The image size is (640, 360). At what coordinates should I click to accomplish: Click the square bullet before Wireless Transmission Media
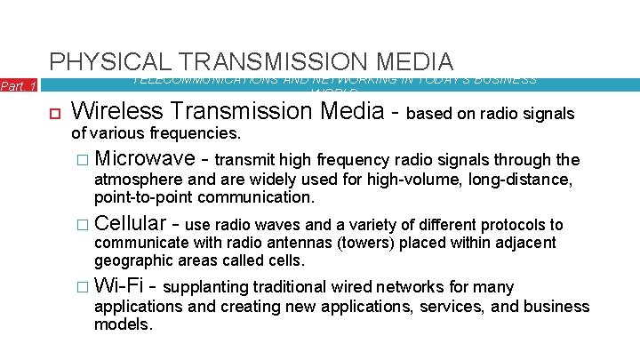point(52,113)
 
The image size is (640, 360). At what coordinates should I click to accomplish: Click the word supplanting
point(205,287)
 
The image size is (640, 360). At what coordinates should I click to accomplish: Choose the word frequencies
point(196,132)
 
